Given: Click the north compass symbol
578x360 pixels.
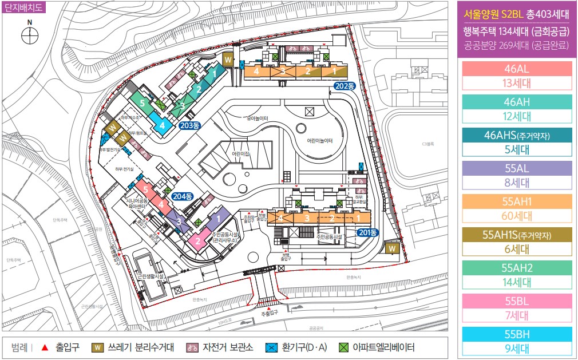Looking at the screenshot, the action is tap(29, 36).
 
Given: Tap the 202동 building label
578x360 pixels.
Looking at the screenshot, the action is tap(345, 86).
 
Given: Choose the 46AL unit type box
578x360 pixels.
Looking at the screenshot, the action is tap(517, 69).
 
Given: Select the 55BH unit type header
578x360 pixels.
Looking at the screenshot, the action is tap(517, 334).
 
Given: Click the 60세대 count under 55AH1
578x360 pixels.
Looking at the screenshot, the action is tap(517, 215).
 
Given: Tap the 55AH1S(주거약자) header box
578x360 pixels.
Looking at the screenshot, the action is tap(517, 235).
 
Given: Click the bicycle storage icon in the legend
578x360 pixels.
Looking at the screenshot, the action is tap(192, 347).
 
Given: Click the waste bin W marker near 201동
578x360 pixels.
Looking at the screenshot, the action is tap(393, 249).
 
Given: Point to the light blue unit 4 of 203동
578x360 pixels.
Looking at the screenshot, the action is tap(163, 125).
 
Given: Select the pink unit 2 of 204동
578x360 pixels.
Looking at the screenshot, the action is tap(198, 240).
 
